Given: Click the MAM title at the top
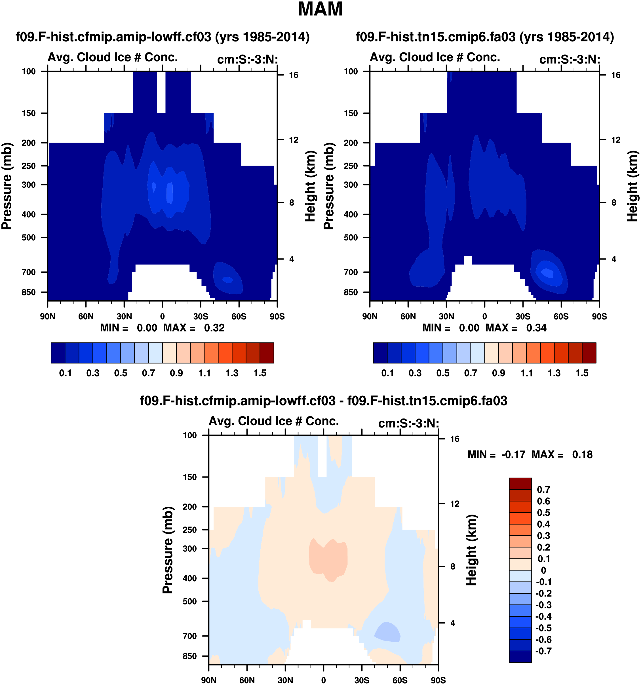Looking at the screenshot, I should (x=320, y=9).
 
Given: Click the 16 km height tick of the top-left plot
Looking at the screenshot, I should (x=293, y=75).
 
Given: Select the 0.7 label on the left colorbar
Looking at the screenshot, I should (x=149, y=373).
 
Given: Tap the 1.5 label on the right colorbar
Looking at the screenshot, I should (x=582, y=373).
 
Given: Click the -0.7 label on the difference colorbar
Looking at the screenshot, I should (x=543, y=651).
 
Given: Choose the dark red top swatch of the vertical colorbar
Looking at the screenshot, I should (x=520, y=483).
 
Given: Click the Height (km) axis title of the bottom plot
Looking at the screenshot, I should (x=471, y=550).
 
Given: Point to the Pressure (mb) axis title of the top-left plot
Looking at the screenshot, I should (x=7, y=186).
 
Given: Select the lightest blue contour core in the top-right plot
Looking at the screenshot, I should (x=547, y=273).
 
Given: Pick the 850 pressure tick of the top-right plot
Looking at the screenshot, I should (x=351, y=292).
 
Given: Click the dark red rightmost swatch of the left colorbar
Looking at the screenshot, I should (x=267, y=353).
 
